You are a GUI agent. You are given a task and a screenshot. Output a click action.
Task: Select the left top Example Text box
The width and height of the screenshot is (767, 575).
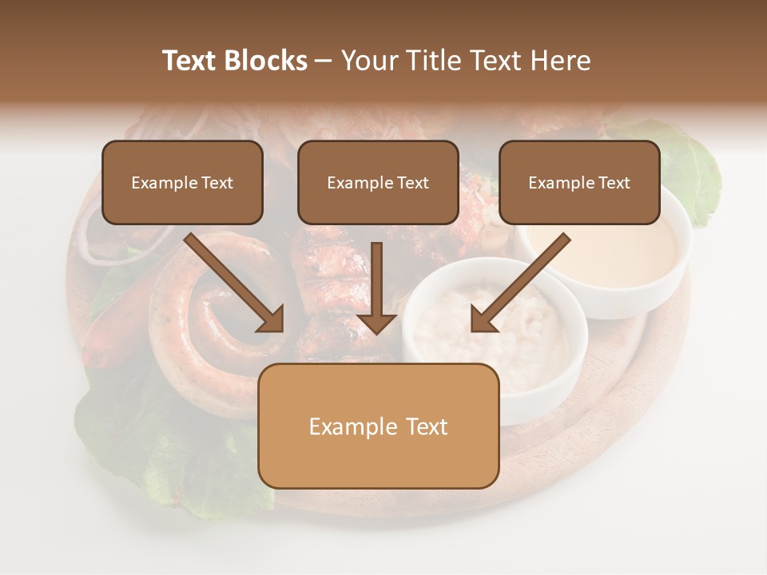coord(182,182)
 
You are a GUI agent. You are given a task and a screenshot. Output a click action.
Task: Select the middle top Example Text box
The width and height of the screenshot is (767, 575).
coord(378,182)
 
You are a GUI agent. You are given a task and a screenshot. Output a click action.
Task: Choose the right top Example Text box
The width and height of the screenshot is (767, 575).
coord(579,182)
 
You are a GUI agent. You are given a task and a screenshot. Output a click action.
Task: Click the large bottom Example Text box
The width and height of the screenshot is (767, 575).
coord(378,426)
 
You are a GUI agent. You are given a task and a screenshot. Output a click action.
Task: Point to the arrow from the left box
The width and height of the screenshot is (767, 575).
coord(233,281)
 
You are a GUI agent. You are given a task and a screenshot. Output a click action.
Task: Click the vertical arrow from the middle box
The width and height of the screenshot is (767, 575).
coord(376,287)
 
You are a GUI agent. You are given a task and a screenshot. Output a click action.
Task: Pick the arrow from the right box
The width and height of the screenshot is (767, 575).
coord(521,282)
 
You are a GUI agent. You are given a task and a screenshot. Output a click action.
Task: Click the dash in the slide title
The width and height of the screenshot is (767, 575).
coord(324,61)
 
